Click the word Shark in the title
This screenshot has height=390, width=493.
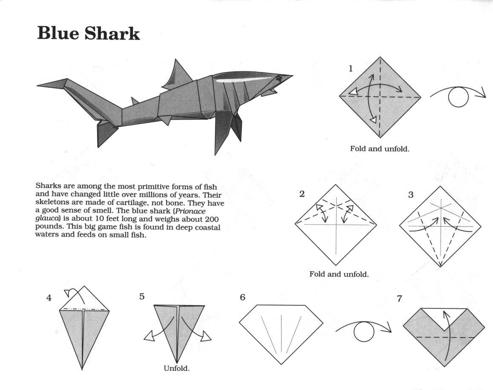pyautogui.click(x=112, y=33)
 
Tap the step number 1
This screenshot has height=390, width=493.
pyautogui.click(x=351, y=68)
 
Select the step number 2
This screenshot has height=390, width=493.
pyautogui.click(x=302, y=194)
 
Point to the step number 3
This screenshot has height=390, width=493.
pyautogui.click(x=411, y=195)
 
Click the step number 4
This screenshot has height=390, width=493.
pyautogui.click(x=49, y=298)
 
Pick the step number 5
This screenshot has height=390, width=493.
pyautogui.click(x=142, y=297)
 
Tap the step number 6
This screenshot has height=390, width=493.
pyautogui.click(x=242, y=297)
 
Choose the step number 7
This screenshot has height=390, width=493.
pyautogui.click(x=399, y=299)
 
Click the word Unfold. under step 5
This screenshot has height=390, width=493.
pyautogui.click(x=177, y=368)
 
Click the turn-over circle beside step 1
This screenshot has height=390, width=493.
pyautogui.click(x=458, y=97)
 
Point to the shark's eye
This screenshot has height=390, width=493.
pyautogui.click(x=278, y=79)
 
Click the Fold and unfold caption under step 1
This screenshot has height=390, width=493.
pyautogui.click(x=380, y=149)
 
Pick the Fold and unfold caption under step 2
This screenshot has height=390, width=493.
pyautogui.click(x=339, y=274)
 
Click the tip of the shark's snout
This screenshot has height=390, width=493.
pyautogui.click(x=292, y=76)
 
